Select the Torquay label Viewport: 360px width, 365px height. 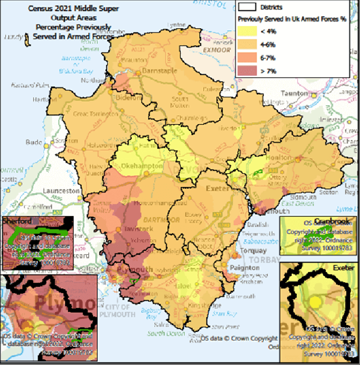[x=254, y=251]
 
